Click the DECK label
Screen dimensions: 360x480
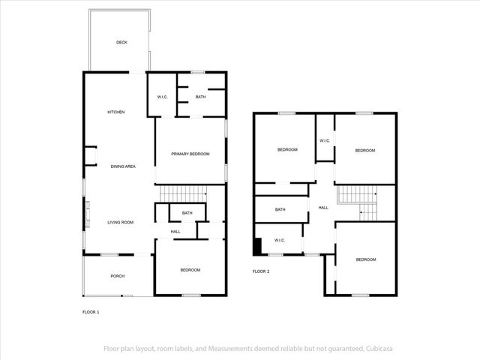point(121,43)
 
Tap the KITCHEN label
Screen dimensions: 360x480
point(115,112)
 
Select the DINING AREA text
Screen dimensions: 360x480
point(123,166)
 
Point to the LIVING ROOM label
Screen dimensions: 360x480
point(120,222)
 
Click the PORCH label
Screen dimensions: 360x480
point(118,276)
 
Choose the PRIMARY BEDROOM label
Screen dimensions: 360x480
point(190,154)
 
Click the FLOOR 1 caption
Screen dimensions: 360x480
point(90,311)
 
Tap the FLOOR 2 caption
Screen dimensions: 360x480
point(260,271)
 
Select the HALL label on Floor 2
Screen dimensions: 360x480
point(323,208)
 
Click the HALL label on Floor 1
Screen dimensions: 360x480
point(175,232)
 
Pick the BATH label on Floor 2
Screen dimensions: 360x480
point(280,209)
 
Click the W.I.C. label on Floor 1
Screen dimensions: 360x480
point(162,97)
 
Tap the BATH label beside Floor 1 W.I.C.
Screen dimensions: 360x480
point(200,97)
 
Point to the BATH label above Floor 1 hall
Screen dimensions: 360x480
point(187,213)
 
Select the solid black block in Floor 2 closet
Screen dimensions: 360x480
point(258,246)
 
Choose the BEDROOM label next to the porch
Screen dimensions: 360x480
point(190,270)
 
